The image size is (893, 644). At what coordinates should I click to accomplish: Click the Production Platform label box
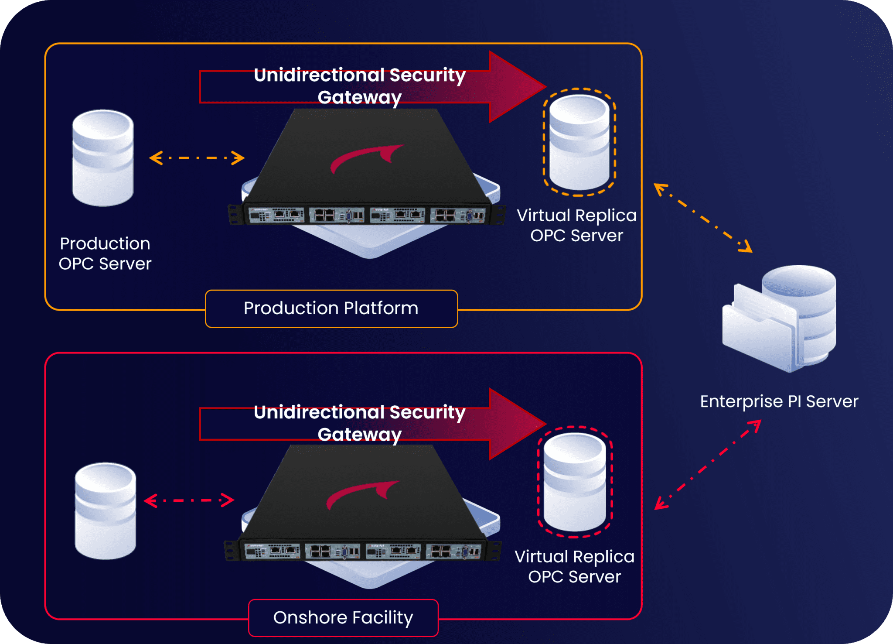331,308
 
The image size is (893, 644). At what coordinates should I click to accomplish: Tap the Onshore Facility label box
343,618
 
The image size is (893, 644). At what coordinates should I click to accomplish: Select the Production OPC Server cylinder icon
103,158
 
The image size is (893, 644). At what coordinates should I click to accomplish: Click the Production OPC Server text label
105,253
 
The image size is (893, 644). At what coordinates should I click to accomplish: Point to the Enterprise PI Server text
779,401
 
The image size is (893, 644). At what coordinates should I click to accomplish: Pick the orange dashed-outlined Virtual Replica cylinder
579,142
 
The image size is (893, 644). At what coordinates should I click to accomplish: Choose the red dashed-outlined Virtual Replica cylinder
575,482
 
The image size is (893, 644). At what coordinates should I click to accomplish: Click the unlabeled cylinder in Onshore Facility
106,511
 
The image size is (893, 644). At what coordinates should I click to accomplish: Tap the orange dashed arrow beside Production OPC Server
197,158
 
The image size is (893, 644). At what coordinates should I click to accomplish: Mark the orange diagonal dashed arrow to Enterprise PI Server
702,218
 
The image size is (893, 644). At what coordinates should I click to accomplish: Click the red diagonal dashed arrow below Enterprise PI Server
708,465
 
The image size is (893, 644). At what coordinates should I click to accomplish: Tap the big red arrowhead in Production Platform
515,87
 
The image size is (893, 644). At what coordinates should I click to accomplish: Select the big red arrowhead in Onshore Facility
515,424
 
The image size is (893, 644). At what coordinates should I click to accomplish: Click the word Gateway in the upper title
359,97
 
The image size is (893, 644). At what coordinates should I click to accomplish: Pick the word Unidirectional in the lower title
319,412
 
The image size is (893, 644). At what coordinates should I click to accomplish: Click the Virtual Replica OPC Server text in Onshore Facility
575,567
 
